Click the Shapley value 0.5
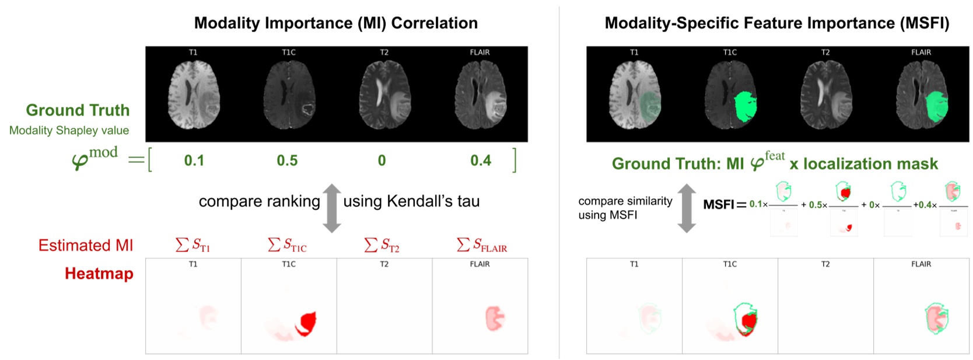click(x=287, y=160)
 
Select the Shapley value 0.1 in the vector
click(x=194, y=160)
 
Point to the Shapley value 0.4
click(x=481, y=160)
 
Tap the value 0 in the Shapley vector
click(x=381, y=160)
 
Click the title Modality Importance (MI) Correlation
click(x=335, y=23)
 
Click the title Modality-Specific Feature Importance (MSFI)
click(x=776, y=23)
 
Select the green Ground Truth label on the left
click(x=78, y=110)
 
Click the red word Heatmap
click(x=99, y=274)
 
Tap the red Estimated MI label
click(x=86, y=246)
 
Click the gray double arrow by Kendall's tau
click(x=332, y=208)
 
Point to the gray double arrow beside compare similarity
click(x=687, y=208)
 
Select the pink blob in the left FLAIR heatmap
click(x=495, y=319)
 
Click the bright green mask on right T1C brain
click(x=744, y=107)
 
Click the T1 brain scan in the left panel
click(x=193, y=95)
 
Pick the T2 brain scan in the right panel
click(x=825, y=95)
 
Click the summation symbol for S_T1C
click(x=274, y=244)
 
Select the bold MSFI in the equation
click(x=718, y=205)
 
